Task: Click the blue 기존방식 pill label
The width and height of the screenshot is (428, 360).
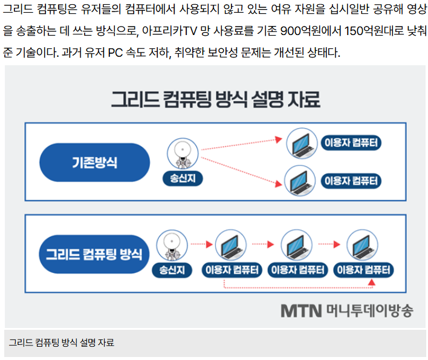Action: [94, 162]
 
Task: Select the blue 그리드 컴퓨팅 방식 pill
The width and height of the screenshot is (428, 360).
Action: [94, 252]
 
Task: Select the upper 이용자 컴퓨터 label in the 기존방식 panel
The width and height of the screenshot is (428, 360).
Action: [352, 144]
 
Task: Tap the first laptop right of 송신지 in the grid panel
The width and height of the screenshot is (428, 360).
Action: [232, 244]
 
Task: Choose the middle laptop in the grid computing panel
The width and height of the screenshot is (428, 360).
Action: [299, 244]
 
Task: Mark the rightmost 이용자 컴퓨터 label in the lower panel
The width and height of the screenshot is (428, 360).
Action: [365, 269]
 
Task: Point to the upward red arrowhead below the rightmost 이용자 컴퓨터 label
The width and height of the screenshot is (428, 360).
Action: [372, 282]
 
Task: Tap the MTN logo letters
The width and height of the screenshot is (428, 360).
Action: [301, 310]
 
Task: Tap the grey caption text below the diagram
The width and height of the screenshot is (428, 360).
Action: [61, 343]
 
